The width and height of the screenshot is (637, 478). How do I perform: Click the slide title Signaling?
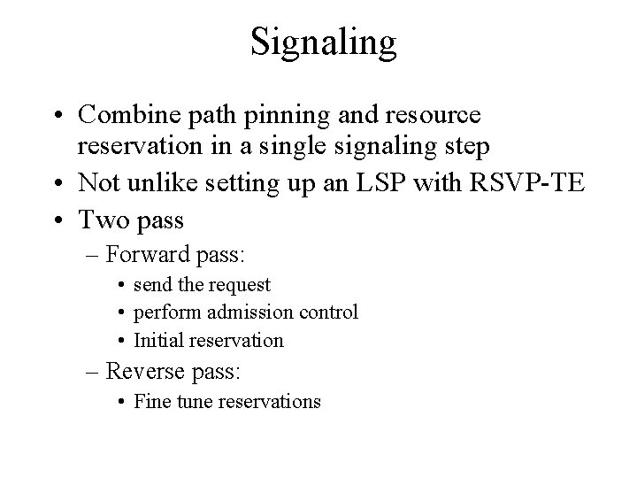[x=323, y=42]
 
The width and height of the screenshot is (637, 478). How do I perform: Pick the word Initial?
[x=156, y=340]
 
